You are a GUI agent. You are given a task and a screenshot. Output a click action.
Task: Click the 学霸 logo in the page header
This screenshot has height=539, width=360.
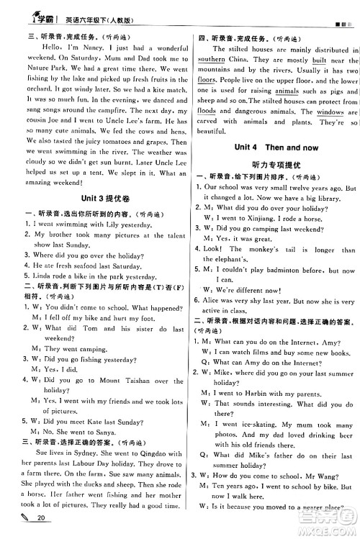[30, 9]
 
